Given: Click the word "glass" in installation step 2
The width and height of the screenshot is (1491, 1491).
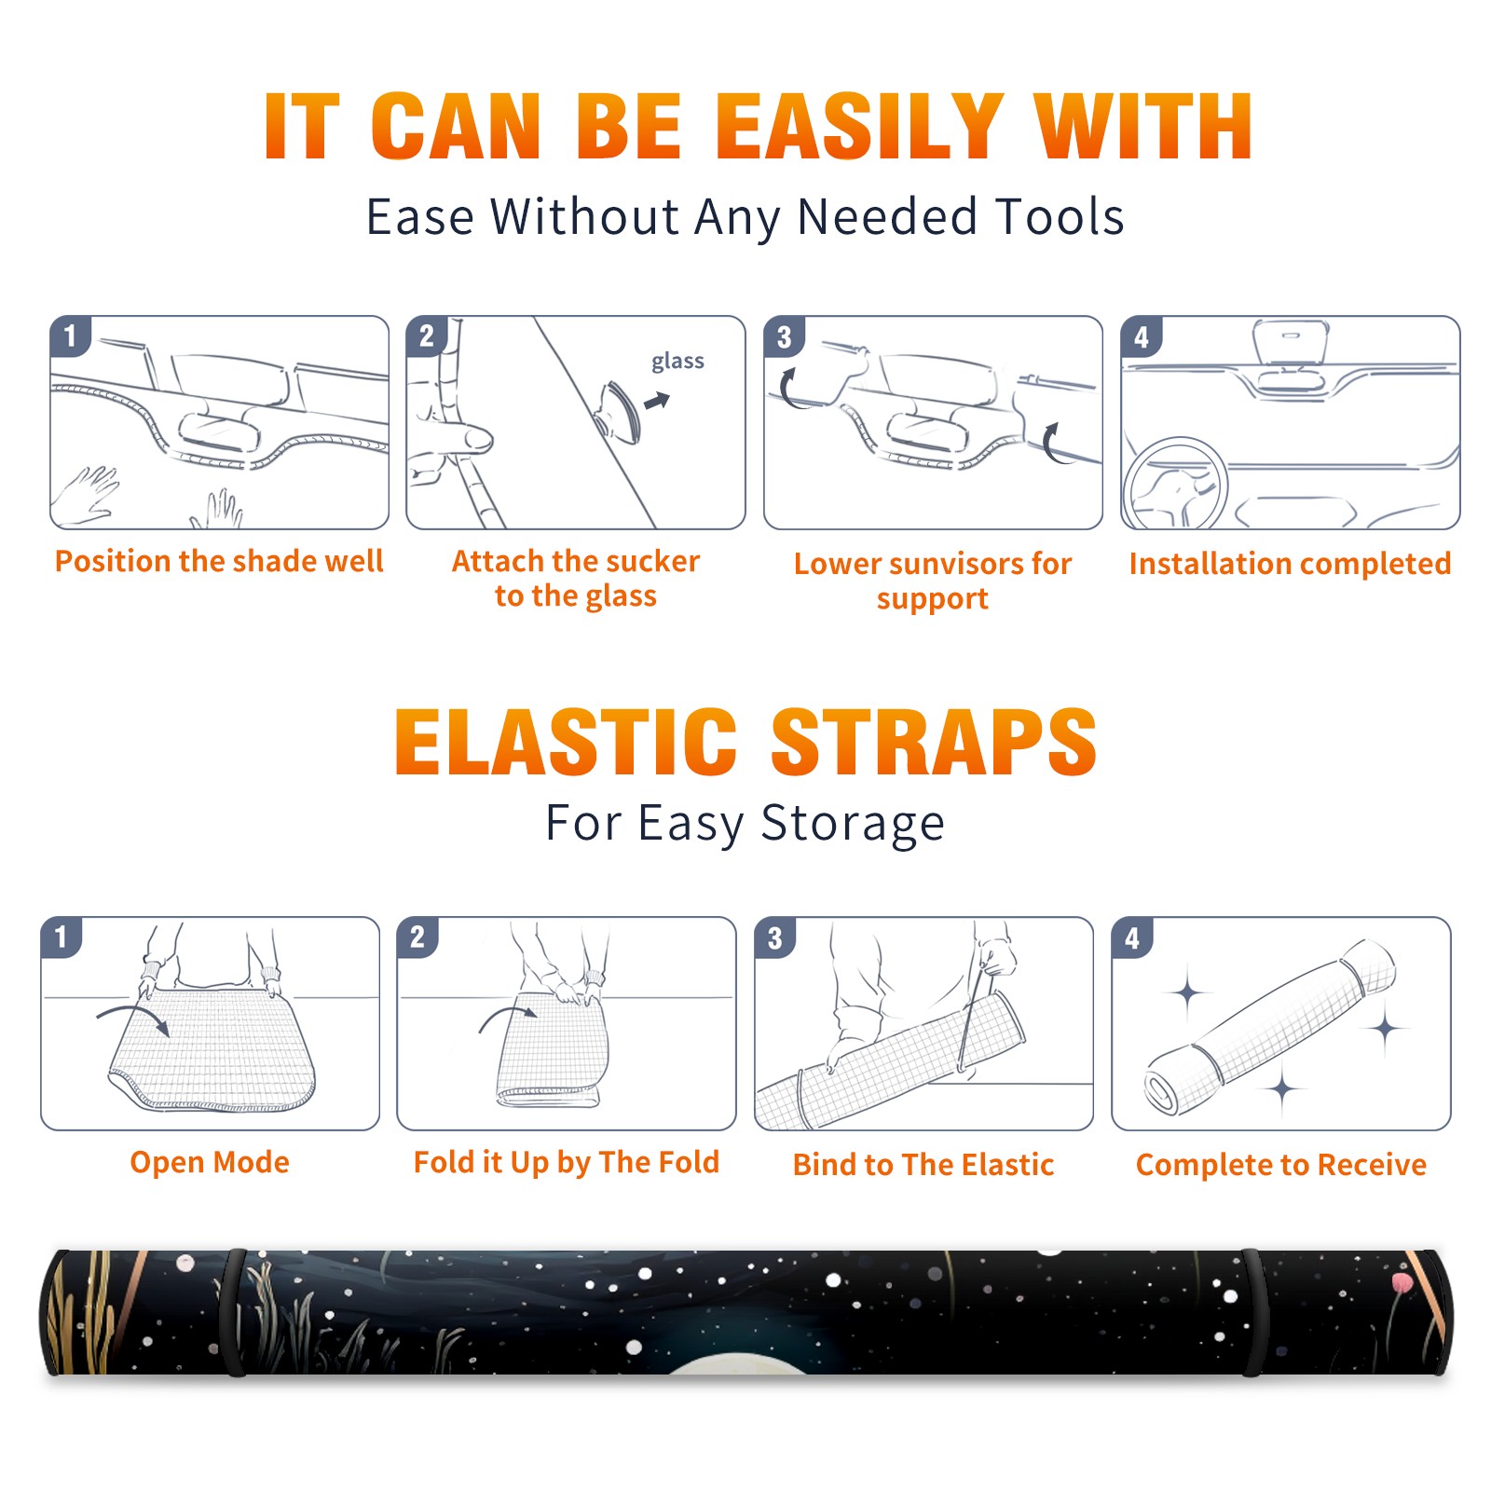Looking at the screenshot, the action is [x=677, y=362].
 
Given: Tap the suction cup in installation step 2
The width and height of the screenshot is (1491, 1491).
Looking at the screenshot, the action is [x=619, y=411].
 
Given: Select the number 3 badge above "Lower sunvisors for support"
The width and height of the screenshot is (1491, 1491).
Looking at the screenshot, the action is [x=784, y=336].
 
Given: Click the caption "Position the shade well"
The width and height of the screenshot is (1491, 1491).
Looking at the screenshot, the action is [x=219, y=561].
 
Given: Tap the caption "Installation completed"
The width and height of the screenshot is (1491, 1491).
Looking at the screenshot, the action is [x=1290, y=564].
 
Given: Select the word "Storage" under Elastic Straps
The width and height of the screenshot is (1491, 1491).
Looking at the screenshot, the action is [x=853, y=824].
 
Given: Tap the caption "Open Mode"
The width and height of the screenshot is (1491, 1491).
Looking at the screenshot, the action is [x=210, y=1162].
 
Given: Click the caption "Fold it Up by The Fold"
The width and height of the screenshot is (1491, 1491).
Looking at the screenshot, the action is [x=567, y=1162].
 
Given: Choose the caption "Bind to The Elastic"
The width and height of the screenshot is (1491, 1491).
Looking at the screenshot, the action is [x=923, y=1165].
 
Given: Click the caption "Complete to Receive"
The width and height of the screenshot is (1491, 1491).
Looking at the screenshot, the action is [x=1281, y=1165].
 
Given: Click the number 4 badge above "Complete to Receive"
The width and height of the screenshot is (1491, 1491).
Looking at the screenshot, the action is [x=1132, y=937].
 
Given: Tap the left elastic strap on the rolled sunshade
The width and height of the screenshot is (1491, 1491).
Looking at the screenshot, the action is [x=235, y=1314].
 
